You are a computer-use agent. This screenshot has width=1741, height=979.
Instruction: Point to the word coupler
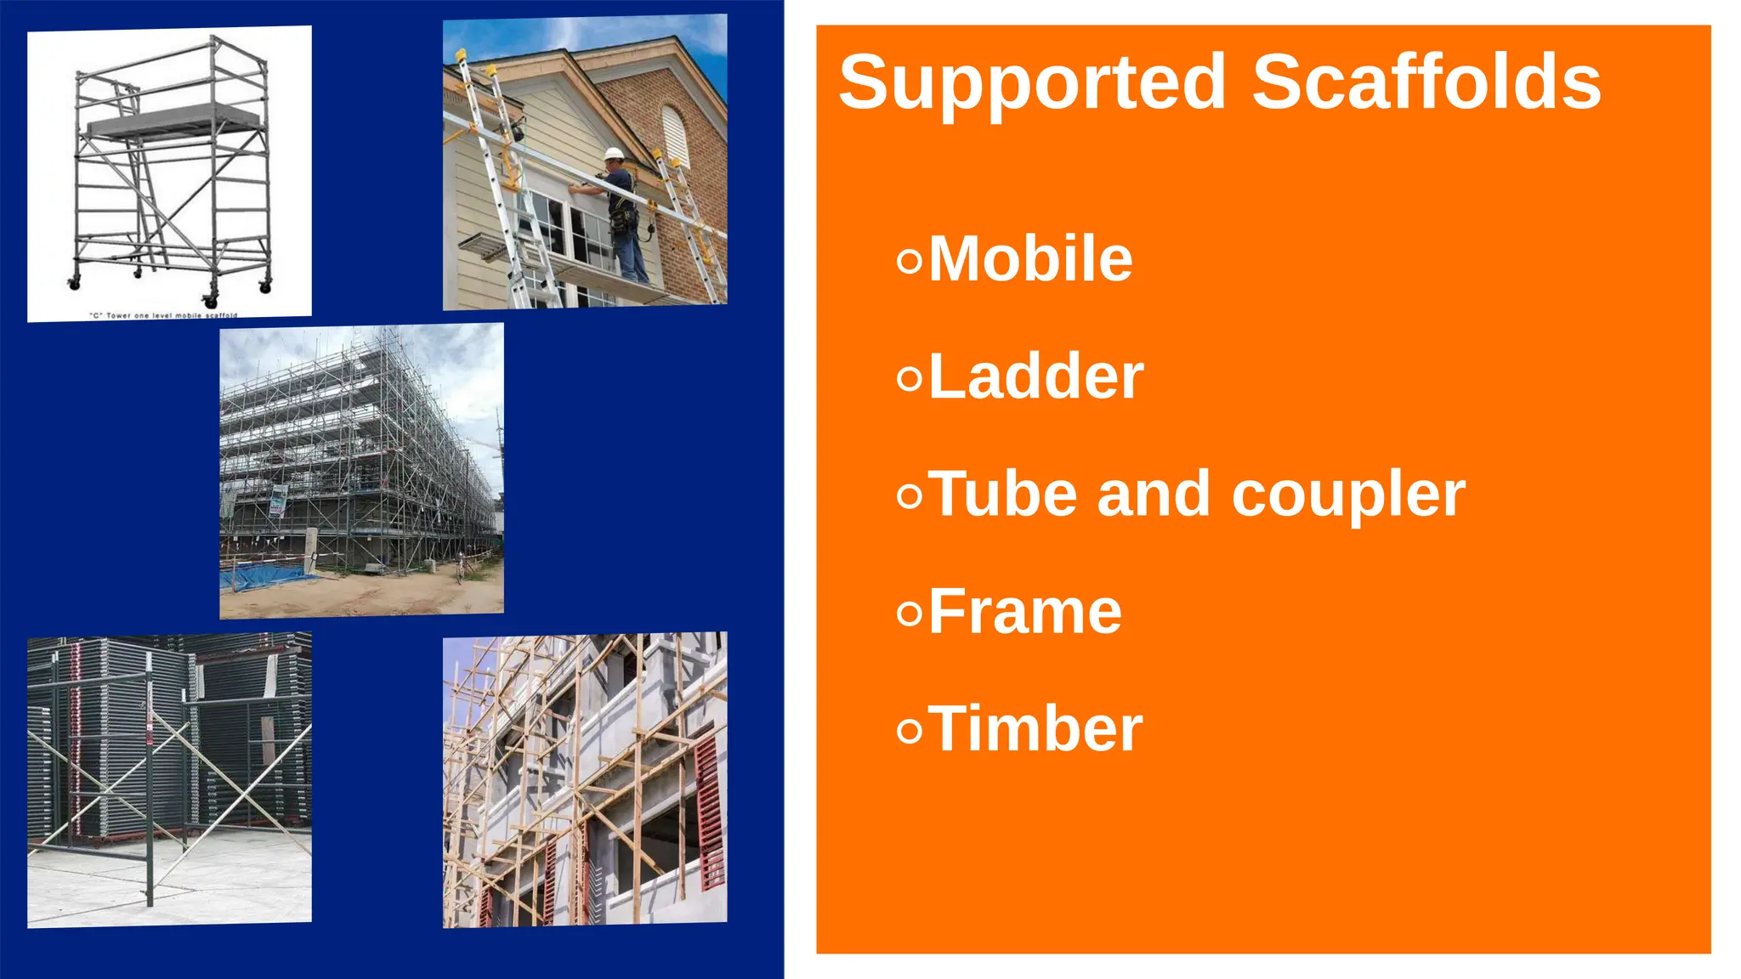click(x=1348, y=495)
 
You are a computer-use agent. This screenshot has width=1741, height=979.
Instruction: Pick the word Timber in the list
click(x=1035, y=729)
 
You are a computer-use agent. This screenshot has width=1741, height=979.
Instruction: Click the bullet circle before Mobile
click(x=909, y=261)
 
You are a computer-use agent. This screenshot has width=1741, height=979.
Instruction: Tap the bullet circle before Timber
click(x=909, y=731)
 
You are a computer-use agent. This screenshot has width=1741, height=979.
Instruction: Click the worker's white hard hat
click(x=614, y=154)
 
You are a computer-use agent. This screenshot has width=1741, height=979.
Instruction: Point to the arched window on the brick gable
click(x=673, y=136)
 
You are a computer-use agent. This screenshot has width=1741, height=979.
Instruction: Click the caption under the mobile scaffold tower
click(x=163, y=315)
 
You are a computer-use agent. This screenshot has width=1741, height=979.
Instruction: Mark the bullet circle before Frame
click(x=909, y=614)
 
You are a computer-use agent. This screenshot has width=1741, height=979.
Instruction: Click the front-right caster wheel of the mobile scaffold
click(x=209, y=300)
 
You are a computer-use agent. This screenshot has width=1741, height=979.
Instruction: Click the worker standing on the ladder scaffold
click(x=624, y=217)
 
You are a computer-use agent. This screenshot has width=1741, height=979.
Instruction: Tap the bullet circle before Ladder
click(x=909, y=378)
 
